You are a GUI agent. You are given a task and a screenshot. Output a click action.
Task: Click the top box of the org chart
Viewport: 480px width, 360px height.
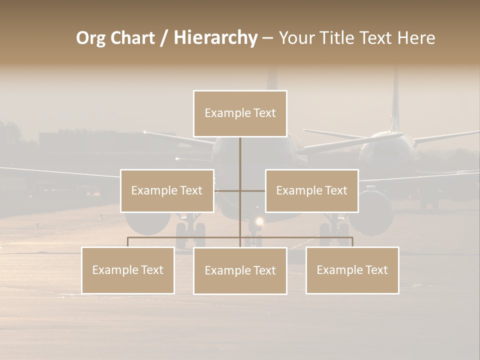(x=240, y=113)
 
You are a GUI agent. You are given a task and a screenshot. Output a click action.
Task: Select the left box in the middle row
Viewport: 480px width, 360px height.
(x=167, y=190)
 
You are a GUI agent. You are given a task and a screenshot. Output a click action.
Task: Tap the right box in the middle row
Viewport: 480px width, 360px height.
(x=311, y=190)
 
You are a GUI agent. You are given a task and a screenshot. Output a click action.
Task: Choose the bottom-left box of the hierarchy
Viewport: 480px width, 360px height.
(x=128, y=270)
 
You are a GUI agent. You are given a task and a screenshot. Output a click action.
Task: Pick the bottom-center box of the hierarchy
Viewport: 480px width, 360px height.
(x=240, y=270)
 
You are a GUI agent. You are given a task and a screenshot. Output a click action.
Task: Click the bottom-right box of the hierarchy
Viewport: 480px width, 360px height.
(x=352, y=270)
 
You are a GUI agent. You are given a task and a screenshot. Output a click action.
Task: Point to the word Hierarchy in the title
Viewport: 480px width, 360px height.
(x=215, y=38)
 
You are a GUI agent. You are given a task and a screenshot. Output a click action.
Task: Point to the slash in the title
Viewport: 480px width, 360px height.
(x=164, y=38)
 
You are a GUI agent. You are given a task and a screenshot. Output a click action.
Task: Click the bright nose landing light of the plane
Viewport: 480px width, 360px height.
(x=259, y=221)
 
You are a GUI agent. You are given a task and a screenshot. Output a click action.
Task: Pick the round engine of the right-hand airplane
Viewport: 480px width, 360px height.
(x=371, y=210)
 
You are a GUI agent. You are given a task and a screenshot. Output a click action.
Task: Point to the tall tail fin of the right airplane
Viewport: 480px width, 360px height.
(x=396, y=100)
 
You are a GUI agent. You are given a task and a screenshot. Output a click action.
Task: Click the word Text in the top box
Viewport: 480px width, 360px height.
(x=264, y=113)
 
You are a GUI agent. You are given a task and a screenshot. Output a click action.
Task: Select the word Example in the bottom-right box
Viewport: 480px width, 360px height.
(x=339, y=270)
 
